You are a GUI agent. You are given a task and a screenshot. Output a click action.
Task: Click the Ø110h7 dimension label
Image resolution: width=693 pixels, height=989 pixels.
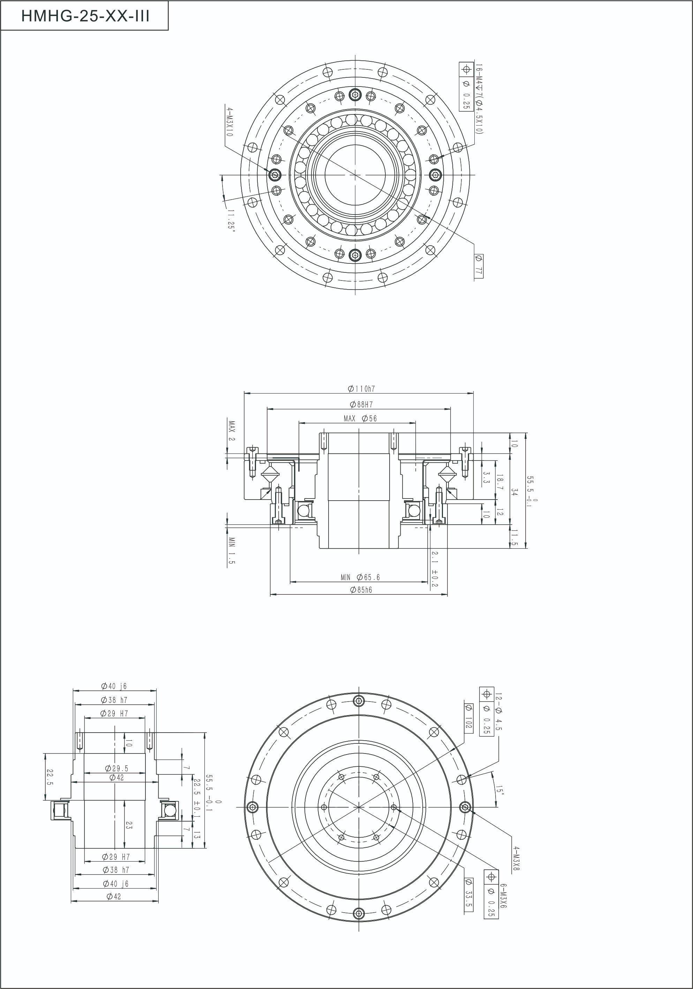[361, 389]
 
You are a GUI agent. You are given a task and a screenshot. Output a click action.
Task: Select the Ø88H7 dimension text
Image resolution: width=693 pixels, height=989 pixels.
[361, 404]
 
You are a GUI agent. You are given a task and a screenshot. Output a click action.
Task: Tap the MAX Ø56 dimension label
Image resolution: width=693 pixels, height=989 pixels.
[360, 418]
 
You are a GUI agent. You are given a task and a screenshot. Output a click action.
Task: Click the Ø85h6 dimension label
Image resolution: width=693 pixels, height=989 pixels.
[361, 590]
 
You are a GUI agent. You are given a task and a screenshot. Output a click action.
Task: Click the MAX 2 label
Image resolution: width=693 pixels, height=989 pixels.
[232, 431]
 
